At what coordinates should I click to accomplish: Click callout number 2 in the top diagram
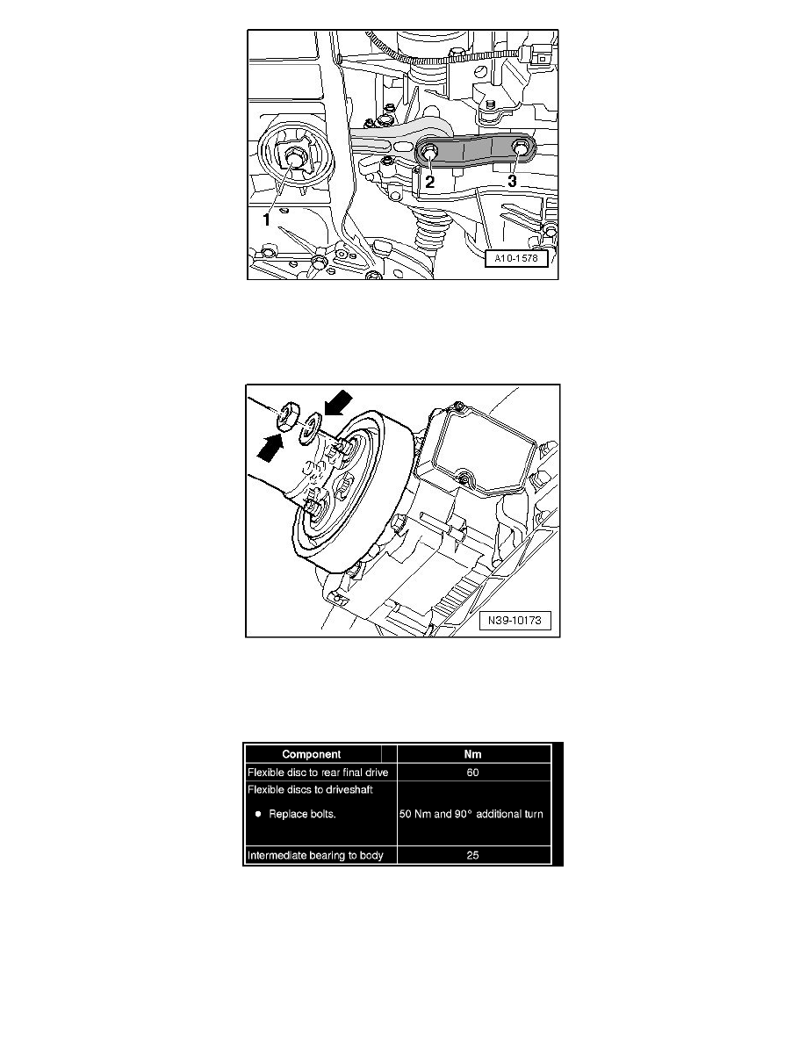(x=429, y=183)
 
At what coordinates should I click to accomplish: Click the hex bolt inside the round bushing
(x=291, y=160)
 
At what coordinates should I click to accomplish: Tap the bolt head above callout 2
(x=429, y=153)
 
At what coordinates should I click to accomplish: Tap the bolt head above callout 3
(x=522, y=149)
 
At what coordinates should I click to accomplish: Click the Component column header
(x=319, y=753)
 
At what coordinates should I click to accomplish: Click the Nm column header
(x=473, y=753)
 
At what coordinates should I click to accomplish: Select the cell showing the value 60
(x=473, y=772)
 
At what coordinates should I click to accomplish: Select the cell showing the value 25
(x=473, y=854)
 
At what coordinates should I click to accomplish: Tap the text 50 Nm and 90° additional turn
(x=473, y=814)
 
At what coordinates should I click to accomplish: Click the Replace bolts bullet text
(x=300, y=814)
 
